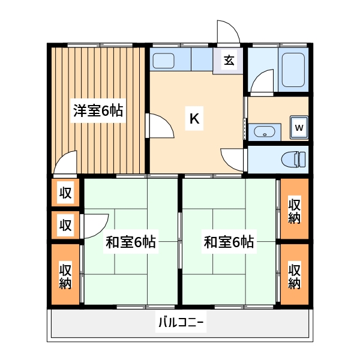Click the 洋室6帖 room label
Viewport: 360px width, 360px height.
click(x=98, y=111)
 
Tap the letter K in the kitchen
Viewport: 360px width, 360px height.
click(x=194, y=119)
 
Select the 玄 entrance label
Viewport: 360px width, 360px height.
click(x=230, y=60)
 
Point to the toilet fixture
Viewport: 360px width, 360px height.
click(x=294, y=160)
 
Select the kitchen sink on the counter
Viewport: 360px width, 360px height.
click(x=163, y=60)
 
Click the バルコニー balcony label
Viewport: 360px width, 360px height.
click(x=181, y=325)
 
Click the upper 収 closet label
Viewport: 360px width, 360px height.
click(x=65, y=193)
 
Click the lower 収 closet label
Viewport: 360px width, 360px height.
click(x=65, y=226)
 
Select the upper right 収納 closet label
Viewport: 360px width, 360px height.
click(x=294, y=210)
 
